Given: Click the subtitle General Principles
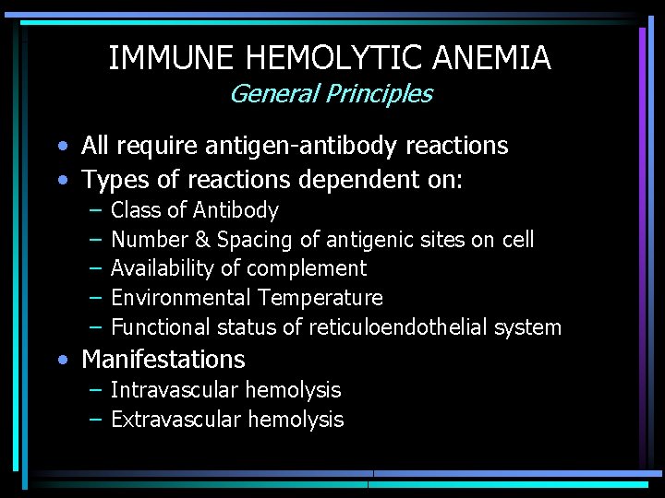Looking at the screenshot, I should (330, 94).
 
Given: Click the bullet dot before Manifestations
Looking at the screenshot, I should (60, 360).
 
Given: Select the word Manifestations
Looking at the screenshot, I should (163, 359).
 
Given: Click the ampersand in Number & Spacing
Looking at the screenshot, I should (202, 240).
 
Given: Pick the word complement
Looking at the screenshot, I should (314, 268).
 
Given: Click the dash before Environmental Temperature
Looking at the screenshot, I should (96, 298).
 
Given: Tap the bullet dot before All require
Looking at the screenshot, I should (60, 147).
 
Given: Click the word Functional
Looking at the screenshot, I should (161, 327).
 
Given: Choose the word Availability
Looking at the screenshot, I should (162, 268).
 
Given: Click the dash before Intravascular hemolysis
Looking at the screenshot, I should (96, 390).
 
